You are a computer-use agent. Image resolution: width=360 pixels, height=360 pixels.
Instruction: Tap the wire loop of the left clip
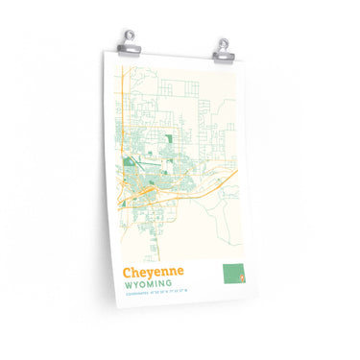click(129, 35)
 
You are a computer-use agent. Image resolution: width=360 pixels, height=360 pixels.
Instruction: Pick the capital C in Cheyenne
click(128, 273)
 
